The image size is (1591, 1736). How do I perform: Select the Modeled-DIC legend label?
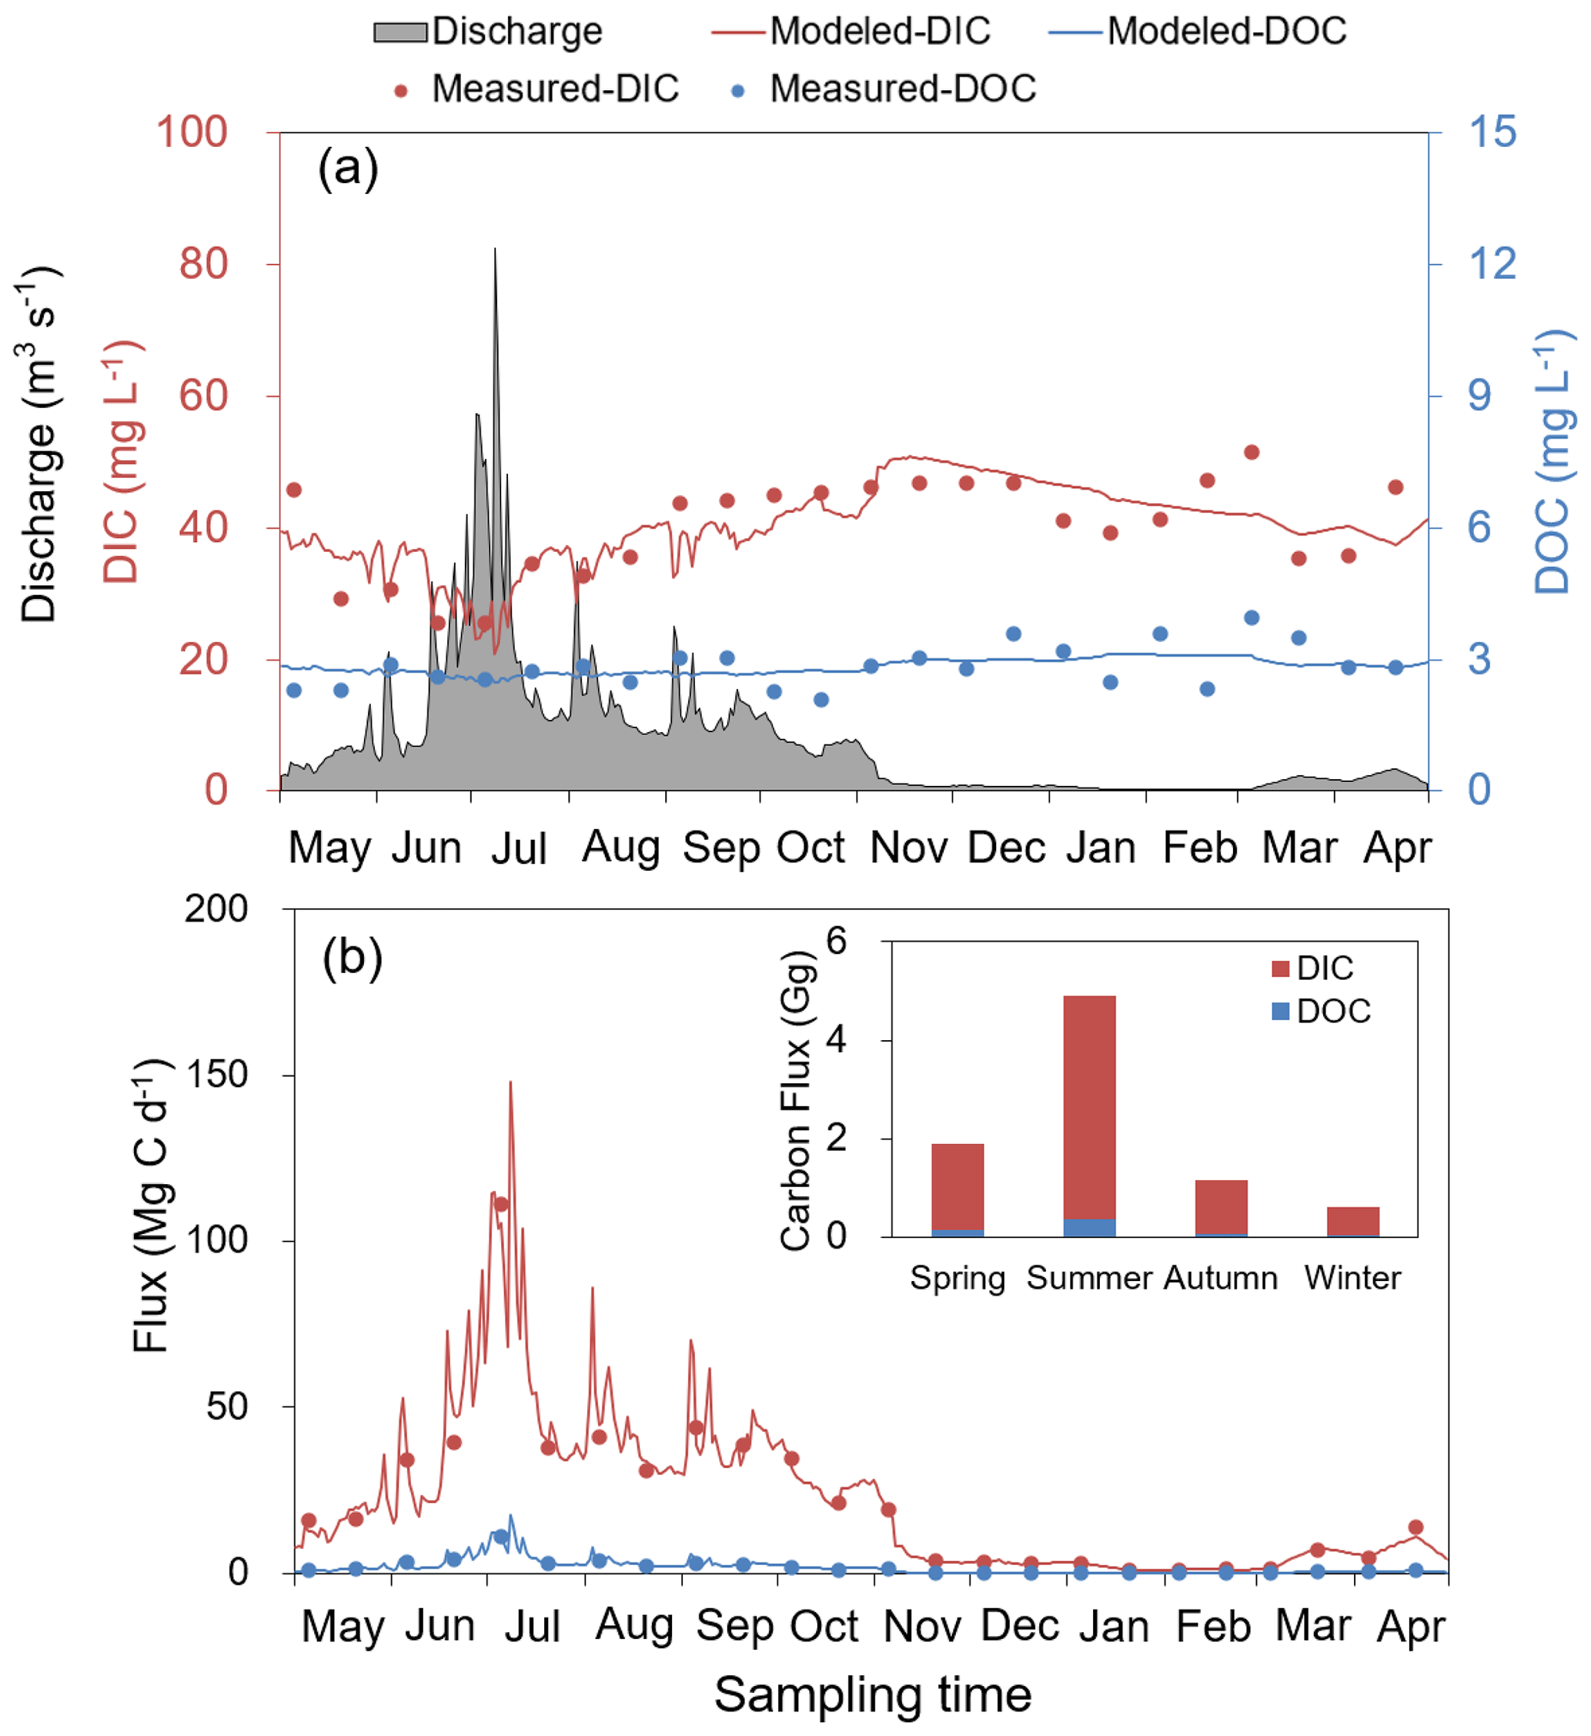point(879,32)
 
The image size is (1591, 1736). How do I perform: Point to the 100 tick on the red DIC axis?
point(191,132)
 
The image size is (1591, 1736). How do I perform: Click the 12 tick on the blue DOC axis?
point(1492,263)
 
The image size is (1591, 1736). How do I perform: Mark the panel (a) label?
point(348,167)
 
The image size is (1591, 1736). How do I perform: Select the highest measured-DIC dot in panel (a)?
point(1252,453)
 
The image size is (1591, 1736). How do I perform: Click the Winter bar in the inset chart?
point(1352,1222)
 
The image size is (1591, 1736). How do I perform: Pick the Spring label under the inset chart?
point(958,1278)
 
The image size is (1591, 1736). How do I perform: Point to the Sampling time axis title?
point(872,1694)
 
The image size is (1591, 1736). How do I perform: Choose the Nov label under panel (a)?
point(908,848)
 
